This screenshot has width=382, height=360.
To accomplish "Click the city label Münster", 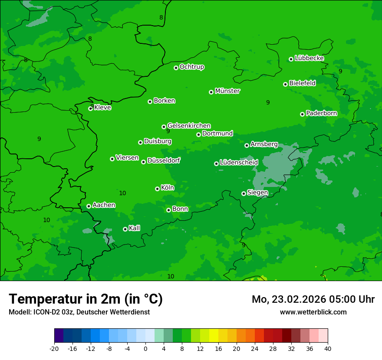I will (227, 91).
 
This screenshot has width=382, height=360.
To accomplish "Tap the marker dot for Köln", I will (157, 189).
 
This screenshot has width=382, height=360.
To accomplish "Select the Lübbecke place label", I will (309, 58).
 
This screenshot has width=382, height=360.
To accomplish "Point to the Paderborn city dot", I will (302, 114).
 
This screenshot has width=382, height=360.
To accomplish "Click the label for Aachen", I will (104, 205).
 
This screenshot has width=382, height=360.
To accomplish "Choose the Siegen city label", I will (257, 193).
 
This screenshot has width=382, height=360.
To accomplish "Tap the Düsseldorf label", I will (164, 160).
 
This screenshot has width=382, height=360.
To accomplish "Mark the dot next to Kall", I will (125, 229).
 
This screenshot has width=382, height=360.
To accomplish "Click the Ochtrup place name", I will (192, 67).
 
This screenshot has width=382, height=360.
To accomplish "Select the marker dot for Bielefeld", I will (285, 84).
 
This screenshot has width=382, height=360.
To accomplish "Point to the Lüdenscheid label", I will (239, 163).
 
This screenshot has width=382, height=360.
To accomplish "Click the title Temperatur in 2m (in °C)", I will (86, 299).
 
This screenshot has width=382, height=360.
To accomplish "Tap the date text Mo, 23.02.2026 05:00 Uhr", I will (313, 299).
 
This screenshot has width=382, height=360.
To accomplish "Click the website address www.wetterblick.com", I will (313, 312).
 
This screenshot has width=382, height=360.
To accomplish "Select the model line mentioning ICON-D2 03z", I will (79, 312).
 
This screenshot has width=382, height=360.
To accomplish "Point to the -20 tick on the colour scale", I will (54, 348).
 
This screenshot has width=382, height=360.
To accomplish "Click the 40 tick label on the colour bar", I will (328, 348).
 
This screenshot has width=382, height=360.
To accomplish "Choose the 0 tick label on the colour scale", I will (145, 348).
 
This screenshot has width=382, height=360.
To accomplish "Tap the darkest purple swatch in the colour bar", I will (59, 336).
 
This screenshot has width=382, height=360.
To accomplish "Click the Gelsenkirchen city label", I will (189, 126).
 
